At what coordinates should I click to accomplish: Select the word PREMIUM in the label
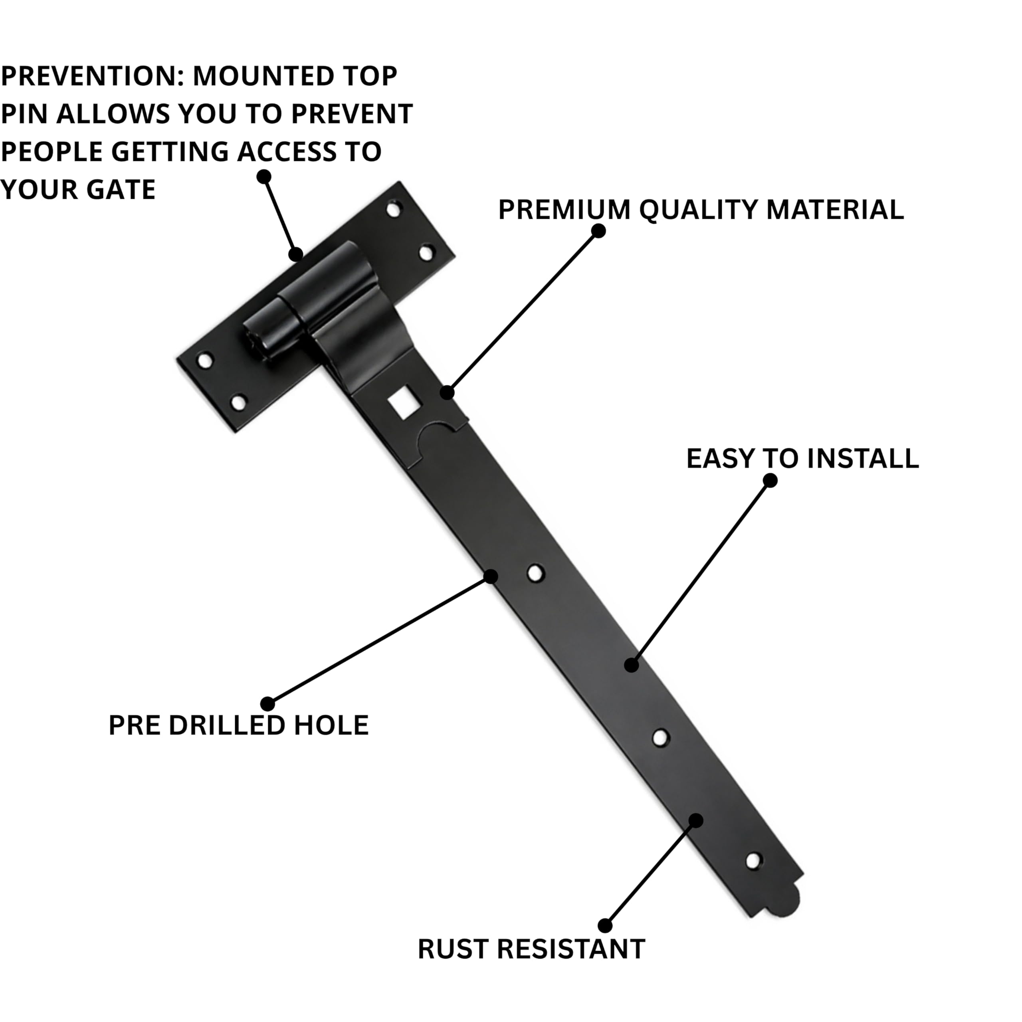click(564, 210)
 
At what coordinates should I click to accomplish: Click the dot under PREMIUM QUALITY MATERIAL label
click(598, 231)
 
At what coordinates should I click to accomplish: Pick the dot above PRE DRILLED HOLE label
click(267, 704)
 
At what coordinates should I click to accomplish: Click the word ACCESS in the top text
click(286, 152)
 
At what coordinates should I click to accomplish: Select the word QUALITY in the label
click(699, 210)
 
